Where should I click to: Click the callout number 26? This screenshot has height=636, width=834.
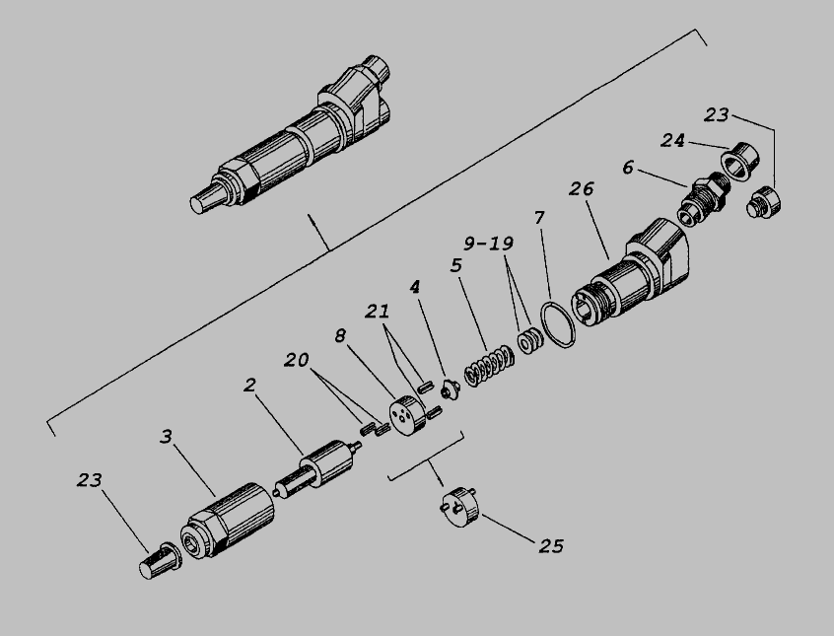[581, 189]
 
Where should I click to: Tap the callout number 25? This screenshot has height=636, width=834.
[551, 546]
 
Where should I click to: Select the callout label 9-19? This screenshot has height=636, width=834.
[488, 244]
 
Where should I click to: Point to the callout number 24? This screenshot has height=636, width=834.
[673, 140]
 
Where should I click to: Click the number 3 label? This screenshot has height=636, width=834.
[167, 437]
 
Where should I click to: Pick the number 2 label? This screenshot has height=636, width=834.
[250, 385]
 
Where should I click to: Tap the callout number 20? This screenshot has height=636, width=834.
[297, 360]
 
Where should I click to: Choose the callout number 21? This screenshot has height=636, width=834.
[378, 312]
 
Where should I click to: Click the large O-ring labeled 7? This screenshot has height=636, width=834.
[557, 324]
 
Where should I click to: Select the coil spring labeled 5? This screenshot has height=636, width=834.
[489, 366]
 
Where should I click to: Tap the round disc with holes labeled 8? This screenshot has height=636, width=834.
[407, 414]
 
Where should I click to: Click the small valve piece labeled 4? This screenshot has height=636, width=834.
[450, 389]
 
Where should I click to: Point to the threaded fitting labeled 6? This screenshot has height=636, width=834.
[704, 199]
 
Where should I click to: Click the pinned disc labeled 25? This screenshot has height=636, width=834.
[460, 506]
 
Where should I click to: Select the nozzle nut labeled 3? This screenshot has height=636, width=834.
[228, 521]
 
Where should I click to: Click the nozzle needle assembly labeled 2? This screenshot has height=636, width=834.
[318, 468]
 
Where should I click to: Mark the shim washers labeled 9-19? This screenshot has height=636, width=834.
[530, 340]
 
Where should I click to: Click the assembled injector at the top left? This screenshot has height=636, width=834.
[290, 135]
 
